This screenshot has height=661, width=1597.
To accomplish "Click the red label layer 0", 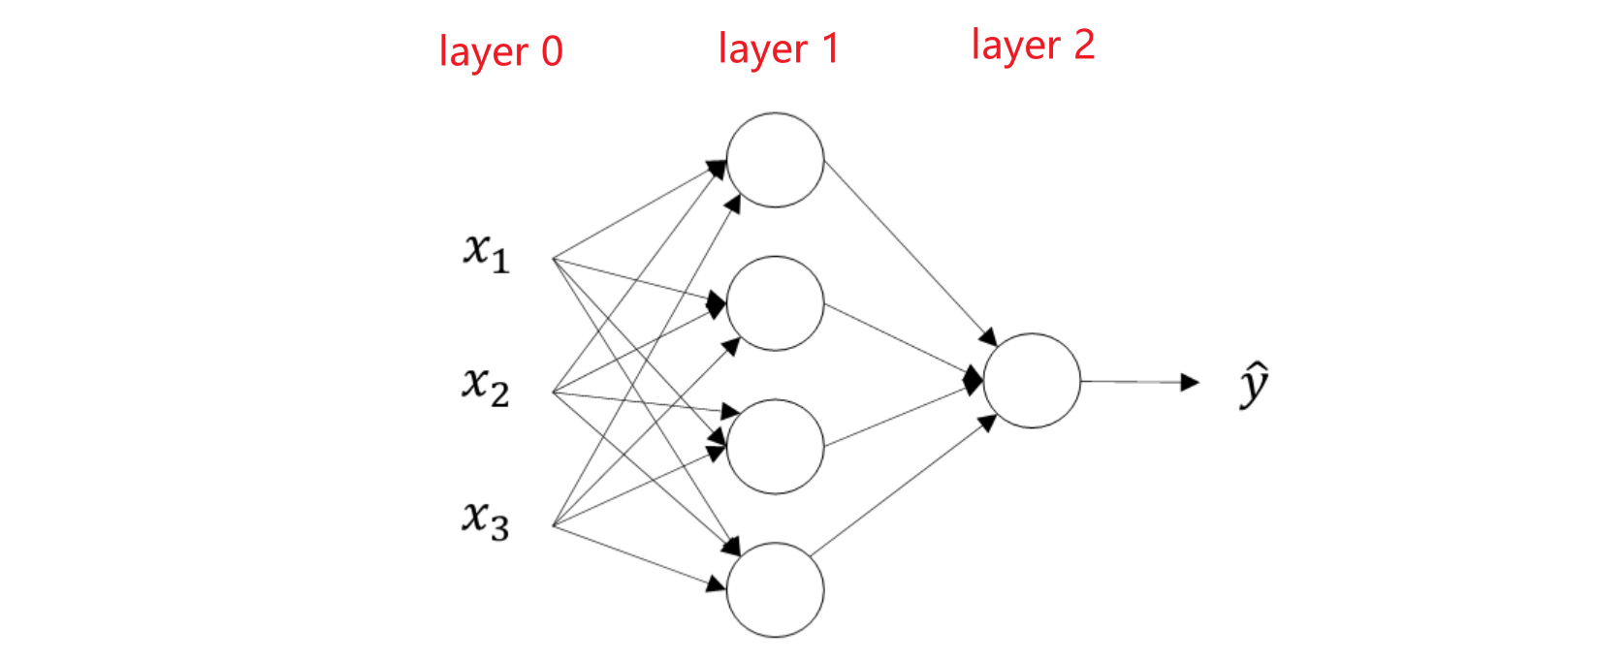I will pos(500,51).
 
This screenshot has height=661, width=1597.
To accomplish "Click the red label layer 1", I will pos(778,48).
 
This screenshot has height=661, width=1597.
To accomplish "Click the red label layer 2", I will pos(1033,46).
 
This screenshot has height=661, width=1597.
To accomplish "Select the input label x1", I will pos(486,252).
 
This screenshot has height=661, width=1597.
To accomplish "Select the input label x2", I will pos(485,386).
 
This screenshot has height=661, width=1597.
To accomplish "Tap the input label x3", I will pos(485,519).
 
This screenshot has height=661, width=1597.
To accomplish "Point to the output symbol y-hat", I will pos(1254,384).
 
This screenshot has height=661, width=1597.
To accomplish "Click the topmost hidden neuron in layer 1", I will pos(775,160).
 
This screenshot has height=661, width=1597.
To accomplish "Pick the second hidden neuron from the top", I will pos(775,303).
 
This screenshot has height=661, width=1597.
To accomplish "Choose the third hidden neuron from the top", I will pos(775,447).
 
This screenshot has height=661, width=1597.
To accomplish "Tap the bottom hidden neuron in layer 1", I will pos(775,589).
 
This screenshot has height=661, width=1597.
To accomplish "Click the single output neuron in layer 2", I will pos(1032,381).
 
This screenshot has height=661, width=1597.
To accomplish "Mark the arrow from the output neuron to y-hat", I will pos(1134,382).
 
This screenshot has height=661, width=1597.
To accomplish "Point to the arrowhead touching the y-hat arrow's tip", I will pos(1190,382).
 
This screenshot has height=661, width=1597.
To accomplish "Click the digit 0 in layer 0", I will pos(552,51).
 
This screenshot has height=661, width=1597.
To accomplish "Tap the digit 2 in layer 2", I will pos(1084,46).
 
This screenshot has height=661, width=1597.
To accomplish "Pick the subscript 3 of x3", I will pos(498,528).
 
